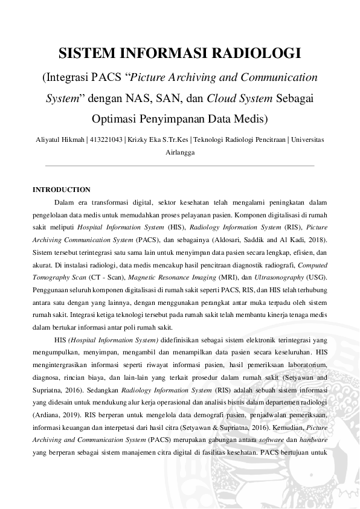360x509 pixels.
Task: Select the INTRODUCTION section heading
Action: tap(62, 190)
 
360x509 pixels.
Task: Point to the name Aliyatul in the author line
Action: tap(47, 140)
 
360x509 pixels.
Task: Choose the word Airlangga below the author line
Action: tap(180, 153)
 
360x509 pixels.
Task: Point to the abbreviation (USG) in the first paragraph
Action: tap(317, 277)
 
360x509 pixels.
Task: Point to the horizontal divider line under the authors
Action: tap(180, 165)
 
